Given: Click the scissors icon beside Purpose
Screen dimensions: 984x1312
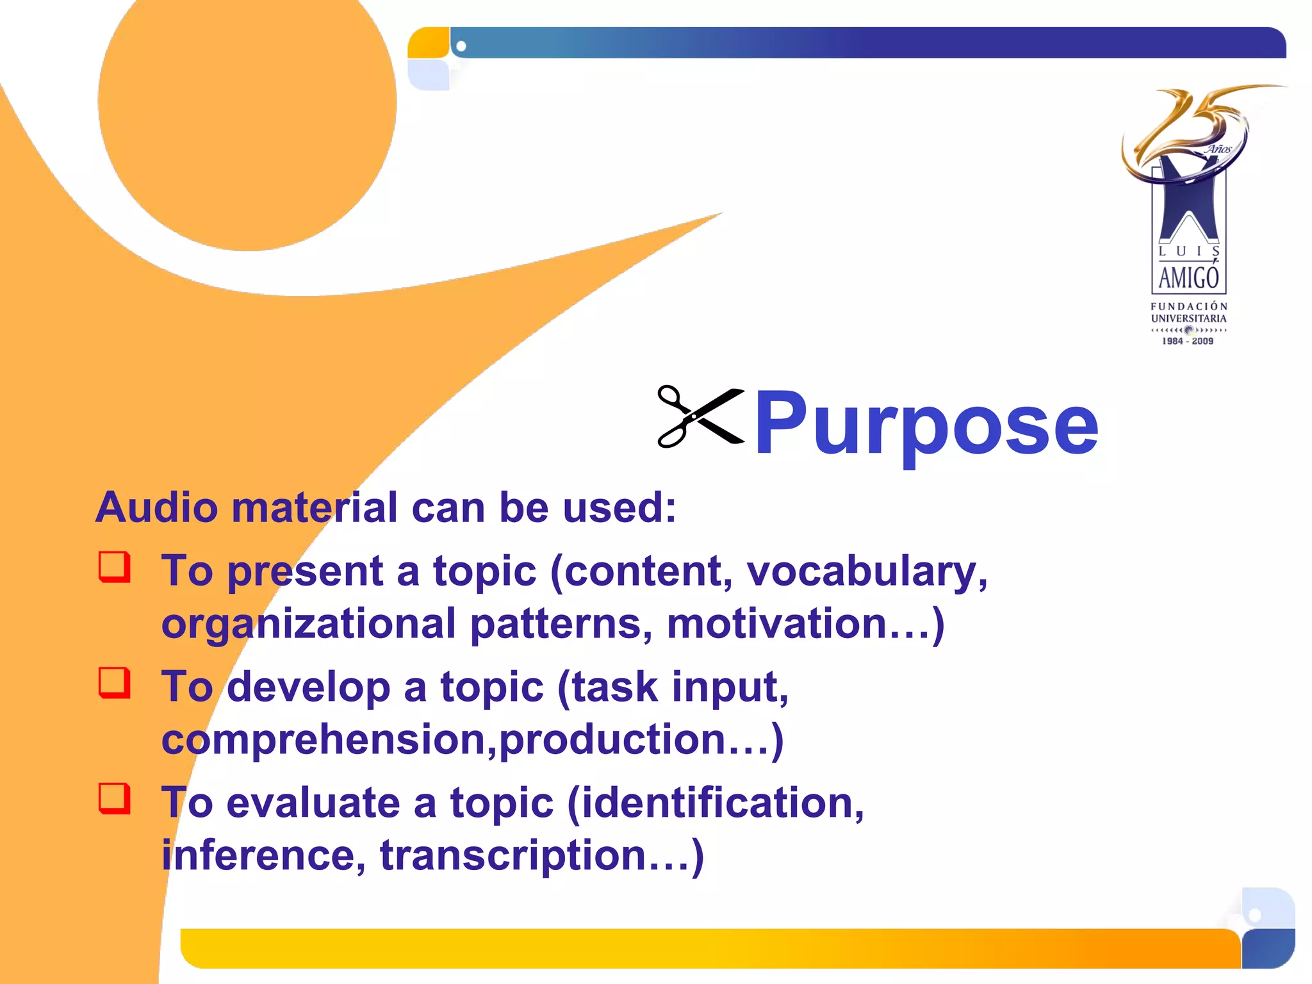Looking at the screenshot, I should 701,416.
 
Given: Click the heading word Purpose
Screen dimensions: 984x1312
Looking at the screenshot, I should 926,424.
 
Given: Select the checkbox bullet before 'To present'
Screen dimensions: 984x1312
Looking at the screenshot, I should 115,567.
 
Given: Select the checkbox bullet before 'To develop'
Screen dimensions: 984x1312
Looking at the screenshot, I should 115,683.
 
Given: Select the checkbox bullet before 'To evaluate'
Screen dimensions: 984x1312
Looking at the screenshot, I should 115,799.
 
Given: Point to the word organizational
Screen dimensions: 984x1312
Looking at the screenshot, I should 309,625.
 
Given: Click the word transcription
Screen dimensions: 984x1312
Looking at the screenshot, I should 512,856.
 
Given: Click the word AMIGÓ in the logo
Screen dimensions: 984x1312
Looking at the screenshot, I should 1188,278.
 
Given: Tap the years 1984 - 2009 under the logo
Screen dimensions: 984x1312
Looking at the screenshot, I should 1188,341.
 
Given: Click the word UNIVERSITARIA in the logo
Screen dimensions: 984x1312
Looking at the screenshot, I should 1188,318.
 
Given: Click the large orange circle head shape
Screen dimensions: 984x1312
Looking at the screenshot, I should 247,109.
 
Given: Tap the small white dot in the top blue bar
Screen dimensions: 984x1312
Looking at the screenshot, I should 461,46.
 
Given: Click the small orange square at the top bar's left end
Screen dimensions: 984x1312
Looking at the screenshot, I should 428,43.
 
